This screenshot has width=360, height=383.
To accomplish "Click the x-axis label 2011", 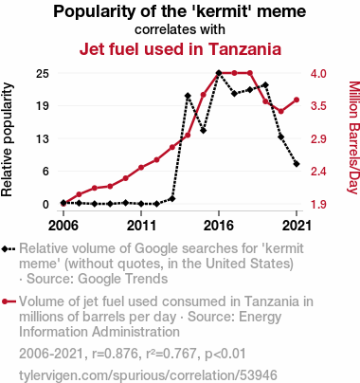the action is (141, 226).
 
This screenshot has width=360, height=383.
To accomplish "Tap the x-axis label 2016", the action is (219, 226).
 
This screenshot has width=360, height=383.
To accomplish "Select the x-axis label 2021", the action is (297, 226).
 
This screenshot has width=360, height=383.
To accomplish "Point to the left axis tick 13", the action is (43, 138).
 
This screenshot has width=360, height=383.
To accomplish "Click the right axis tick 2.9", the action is (318, 138).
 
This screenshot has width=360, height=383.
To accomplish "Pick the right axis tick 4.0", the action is (318, 73).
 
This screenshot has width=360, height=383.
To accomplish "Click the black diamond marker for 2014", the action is (188, 96).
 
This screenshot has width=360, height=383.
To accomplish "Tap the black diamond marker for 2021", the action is (297, 164).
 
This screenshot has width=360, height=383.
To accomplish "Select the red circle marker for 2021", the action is (297, 100).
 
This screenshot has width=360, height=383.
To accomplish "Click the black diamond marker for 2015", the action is (203, 130).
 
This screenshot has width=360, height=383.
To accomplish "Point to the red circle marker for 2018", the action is (250, 73).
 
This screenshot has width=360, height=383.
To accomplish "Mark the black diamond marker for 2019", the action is (265, 85).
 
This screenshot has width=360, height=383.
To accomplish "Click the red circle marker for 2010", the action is (126, 178).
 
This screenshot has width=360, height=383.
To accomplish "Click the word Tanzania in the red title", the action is (244, 49).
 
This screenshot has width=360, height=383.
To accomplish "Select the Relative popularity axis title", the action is (7, 139).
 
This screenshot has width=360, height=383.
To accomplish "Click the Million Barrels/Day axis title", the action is (354, 137).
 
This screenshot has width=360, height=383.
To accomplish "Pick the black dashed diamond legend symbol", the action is (9, 248).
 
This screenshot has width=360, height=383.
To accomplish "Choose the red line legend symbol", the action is (9, 301).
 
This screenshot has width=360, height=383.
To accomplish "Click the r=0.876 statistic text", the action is (115, 354).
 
